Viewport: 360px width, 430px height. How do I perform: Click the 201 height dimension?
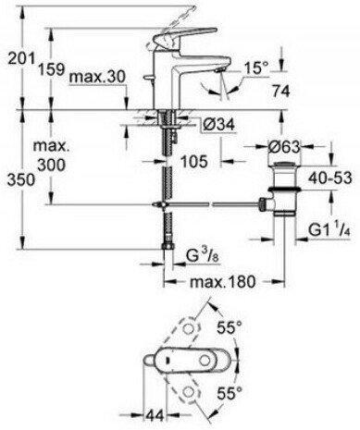(x=20, y=58)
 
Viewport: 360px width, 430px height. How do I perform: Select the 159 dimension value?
(x=51, y=68)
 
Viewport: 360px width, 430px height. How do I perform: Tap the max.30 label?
(x=97, y=76)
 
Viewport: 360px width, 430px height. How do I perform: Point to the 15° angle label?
(x=255, y=68)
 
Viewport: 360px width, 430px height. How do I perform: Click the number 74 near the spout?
(x=280, y=91)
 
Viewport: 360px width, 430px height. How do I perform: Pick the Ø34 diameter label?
(x=218, y=125)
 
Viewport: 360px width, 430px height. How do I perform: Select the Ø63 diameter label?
(x=283, y=147)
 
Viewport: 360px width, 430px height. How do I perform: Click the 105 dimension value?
(x=193, y=161)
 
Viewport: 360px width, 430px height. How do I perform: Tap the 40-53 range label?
(x=330, y=178)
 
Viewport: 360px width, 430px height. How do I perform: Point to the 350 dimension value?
(x=21, y=179)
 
